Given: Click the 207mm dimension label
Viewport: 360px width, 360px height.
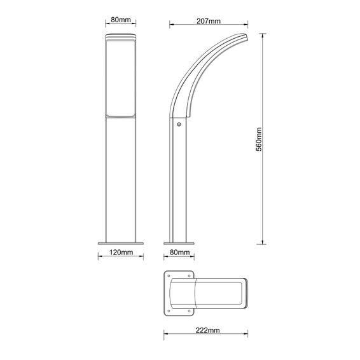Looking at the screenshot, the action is (209, 21).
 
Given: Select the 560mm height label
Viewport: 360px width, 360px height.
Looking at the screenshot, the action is (259, 139).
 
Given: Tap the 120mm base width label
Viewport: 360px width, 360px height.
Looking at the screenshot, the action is (121, 253).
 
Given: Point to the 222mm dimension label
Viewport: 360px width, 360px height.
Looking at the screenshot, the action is (207, 330).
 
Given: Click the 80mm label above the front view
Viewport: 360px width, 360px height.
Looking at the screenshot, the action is (121, 20).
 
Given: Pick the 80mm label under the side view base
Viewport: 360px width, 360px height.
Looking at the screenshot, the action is (179, 253).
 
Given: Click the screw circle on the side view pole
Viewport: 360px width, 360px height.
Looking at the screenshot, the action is (179, 125).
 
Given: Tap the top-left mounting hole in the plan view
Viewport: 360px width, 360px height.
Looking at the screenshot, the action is (169, 276).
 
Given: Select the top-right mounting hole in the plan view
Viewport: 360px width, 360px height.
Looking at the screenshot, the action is (189, 276).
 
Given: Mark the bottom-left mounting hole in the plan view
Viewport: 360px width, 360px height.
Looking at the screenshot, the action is (169, 311).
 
